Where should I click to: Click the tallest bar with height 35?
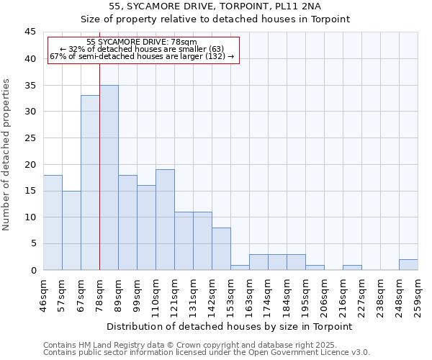(109, 178)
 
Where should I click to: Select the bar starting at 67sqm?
(90, 183)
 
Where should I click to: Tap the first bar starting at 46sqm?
(53, 222)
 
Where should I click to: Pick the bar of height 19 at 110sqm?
(165, 220)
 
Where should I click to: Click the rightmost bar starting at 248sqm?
(408, 265)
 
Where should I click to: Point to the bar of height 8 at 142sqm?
(221, 249)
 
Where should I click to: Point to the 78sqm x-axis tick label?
(99, 293)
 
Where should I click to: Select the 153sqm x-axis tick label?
(230, 295)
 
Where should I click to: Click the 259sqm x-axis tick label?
(418, 295)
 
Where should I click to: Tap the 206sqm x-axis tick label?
(324, 295)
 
